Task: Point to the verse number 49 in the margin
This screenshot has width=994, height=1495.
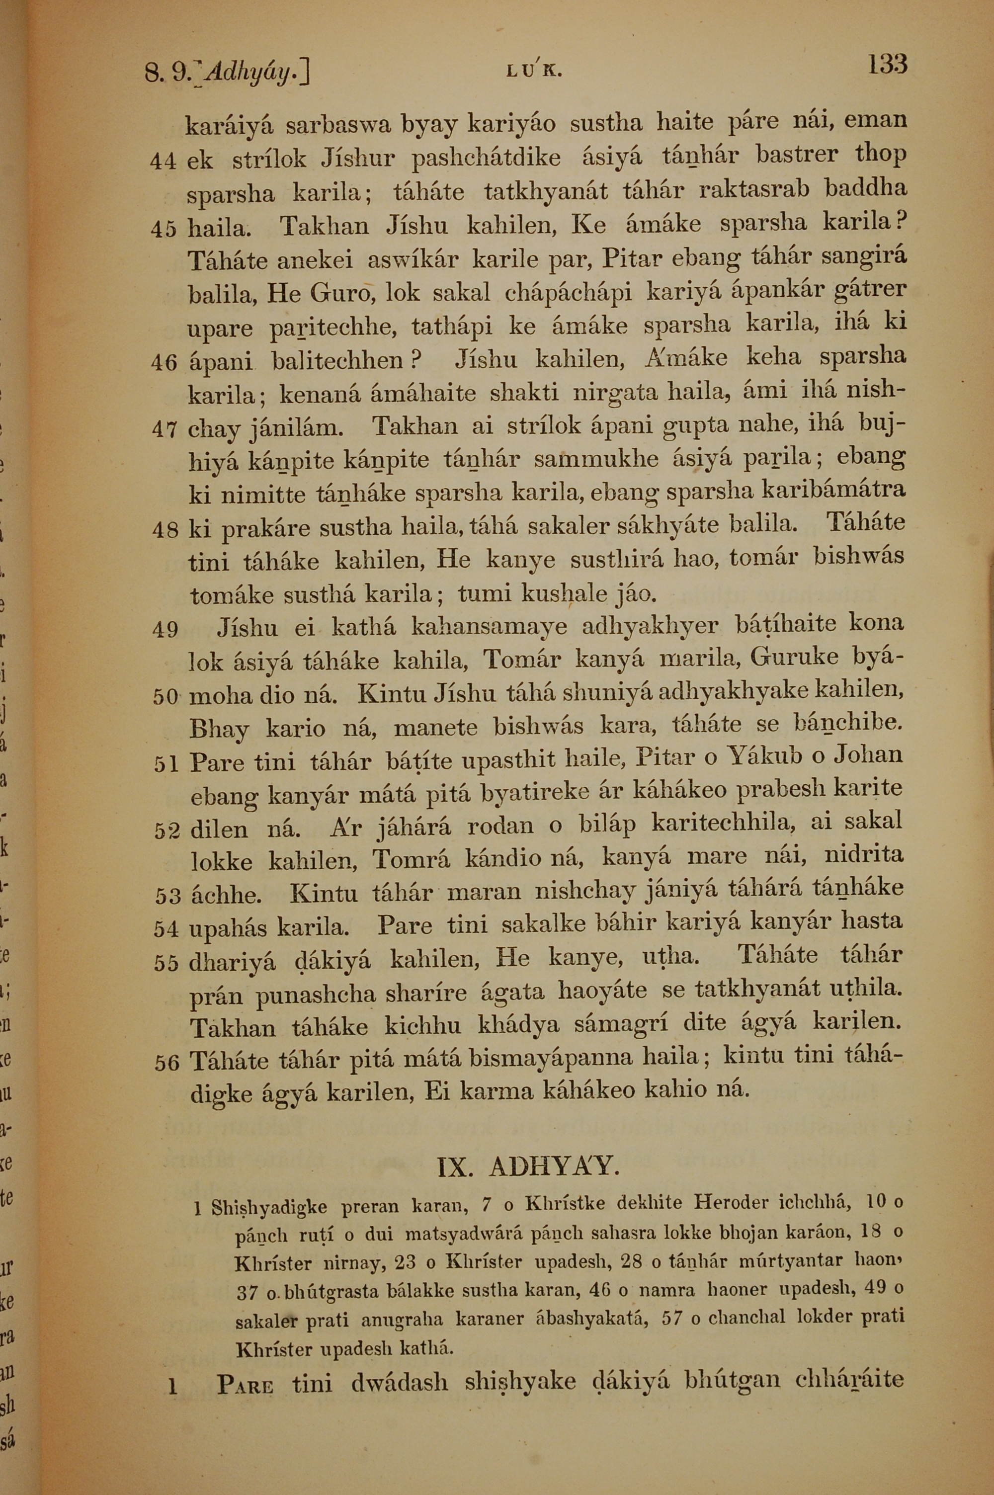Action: (x=165, y=630)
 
